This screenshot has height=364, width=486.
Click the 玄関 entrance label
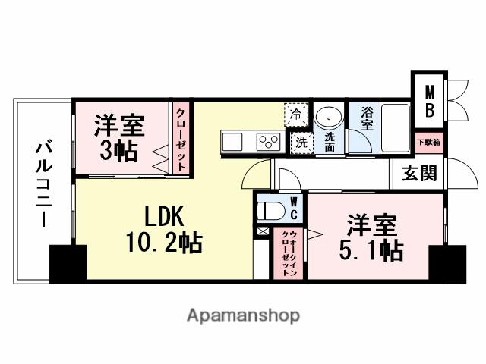[x=419, y=174]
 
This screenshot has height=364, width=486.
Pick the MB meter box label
[x=429, y=101]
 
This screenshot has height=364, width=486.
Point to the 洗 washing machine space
[x=301, y=141]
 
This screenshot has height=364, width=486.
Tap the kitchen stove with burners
[x=268, y=140]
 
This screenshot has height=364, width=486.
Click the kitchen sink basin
[x=232, y=140]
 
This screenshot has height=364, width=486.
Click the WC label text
[x=295, y=206]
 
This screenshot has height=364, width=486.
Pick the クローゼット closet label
[x=181, y=139]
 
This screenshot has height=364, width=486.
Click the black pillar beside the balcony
[x=68, y=262]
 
